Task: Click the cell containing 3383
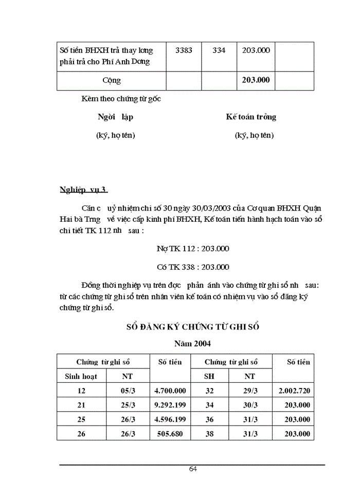click(x=184, y=50)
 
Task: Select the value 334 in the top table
click(x=219, y=50)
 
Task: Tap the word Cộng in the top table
click(x=112, y=80)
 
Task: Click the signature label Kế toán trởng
click(x=251, y=117)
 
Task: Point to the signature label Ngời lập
click(x=115, y=117)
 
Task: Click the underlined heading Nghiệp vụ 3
click(x=82, y=190)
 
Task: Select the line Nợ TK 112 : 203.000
click(x=193, y=248)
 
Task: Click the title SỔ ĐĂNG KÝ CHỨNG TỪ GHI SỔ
click(x=193, y=326)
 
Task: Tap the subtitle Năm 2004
click(x=192, y=343)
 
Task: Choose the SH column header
click(x=209, y=376)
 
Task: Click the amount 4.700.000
click(x=170, y=391)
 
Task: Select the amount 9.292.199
click(x=170, y=405)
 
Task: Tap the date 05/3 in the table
click(x=128, y=391)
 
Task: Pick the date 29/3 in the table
click(x=250, y=391)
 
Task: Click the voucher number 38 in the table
click(x=209, y=434)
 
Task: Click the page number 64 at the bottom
click(x=193, y=469)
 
